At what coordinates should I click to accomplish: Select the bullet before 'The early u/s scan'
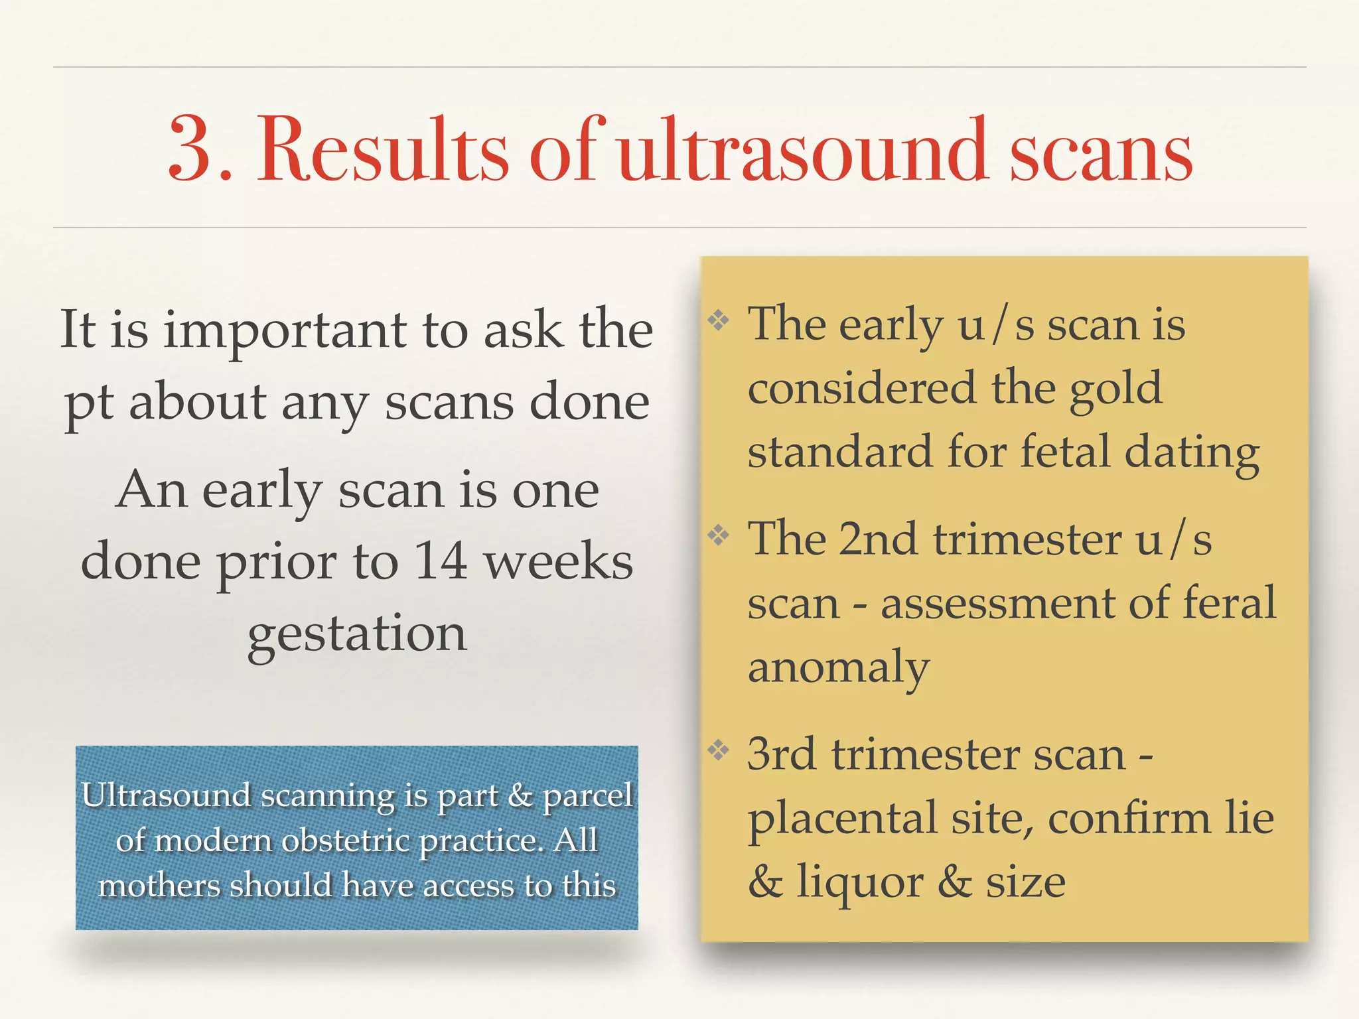click(718, 321)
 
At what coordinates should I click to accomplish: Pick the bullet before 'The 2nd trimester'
click(718, 535)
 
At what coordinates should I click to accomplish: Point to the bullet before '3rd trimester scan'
click(718, 750)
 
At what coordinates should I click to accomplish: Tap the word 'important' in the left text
click(285, 330)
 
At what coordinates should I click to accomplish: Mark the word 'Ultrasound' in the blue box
click(166, 795)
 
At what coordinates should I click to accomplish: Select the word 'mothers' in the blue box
click(160, 886)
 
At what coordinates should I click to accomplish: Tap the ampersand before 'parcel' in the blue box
click(520, 795)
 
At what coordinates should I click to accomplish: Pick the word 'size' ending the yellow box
click(1025, 882)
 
